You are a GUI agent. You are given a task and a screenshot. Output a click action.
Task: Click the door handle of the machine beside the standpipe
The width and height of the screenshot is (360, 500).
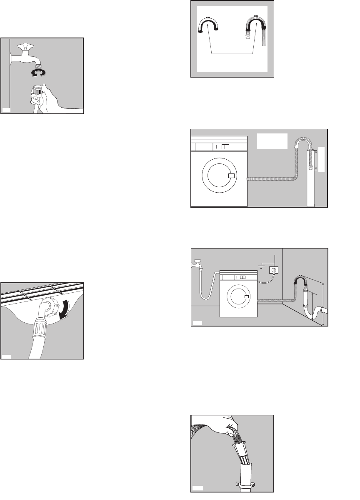(232, 176)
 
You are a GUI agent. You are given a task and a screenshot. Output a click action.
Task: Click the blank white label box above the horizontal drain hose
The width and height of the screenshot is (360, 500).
(272, 141)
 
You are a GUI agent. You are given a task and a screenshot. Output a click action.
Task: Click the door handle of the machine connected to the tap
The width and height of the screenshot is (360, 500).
(247, 296)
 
